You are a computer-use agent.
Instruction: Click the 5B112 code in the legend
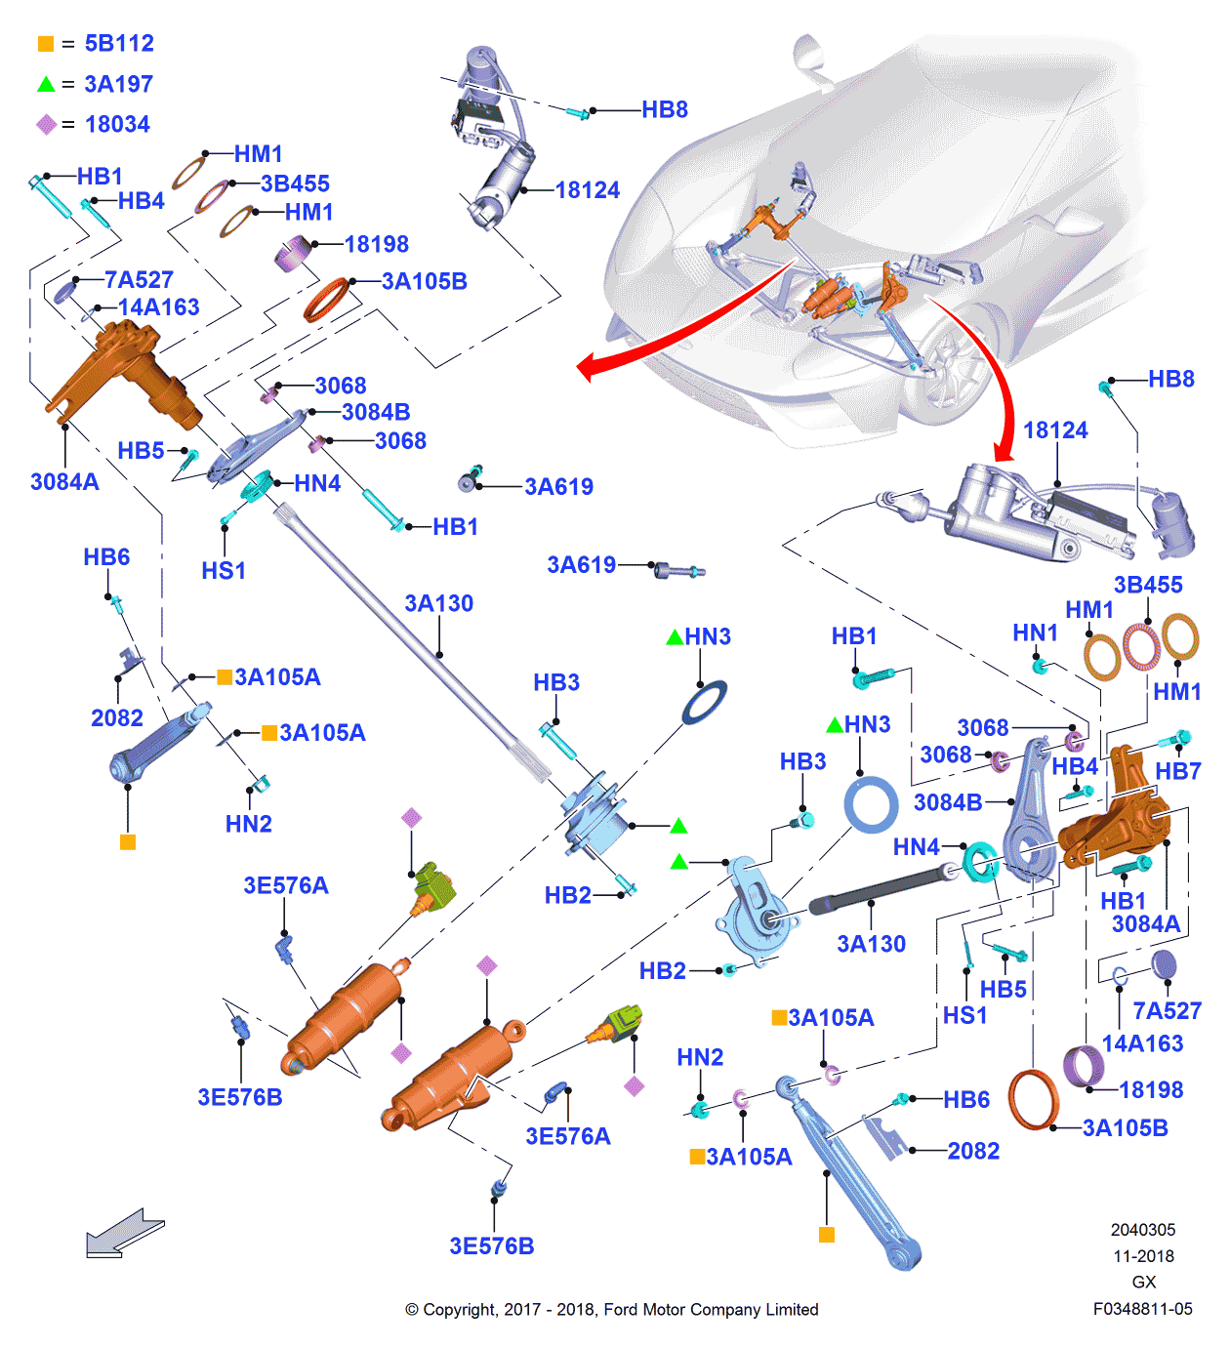(x=119, y=44)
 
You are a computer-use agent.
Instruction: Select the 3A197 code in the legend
(x=118, y=85)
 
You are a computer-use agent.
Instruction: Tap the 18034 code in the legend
(x=117, y=125)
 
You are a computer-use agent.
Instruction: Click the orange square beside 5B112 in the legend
(x=46, y=44)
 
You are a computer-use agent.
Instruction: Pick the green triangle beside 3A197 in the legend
(x=46, y=85)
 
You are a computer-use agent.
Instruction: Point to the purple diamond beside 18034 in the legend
(x=46, y=125)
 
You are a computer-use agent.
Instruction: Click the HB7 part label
(x=1177, y=771)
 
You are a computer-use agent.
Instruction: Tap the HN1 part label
(x=1035, y=633)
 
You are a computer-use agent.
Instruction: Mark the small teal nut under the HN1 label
(x=1041, y=667)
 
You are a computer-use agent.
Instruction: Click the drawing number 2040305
(x=1142, y=1230)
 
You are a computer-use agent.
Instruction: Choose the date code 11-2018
(x=1143, y=1256)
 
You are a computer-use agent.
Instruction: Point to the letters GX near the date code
(x=1143, y=1282)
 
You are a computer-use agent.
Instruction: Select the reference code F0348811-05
(x=1142, y=1309)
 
